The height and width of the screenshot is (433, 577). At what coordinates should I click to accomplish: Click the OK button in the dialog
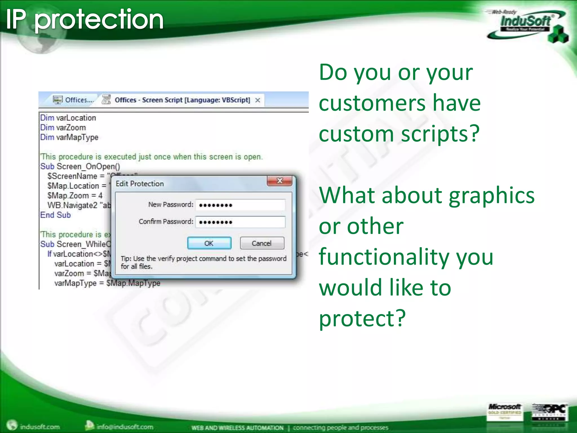click(209, 243)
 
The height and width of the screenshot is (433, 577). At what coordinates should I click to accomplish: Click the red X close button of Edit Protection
click(279, 181)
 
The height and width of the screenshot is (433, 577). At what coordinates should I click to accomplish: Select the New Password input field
click(240, 205)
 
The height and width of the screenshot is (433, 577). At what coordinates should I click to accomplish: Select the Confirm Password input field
click(240, 222)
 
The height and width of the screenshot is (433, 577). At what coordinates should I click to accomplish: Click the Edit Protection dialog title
click(140, 184)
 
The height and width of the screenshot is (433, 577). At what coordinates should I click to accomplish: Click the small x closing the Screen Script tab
click(258, 100)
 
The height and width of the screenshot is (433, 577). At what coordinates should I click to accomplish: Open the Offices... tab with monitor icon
click(74, 100)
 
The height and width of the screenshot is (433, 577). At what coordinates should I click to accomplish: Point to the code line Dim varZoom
click(63, 128)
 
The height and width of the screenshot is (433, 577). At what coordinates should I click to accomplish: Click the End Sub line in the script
click(56, 215)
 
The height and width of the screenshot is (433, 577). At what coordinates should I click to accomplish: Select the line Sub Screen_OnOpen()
click(80, 166)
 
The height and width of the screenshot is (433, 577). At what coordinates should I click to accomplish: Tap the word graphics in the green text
click(491, 195)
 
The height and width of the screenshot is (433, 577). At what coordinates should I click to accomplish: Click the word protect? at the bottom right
click(362, 319)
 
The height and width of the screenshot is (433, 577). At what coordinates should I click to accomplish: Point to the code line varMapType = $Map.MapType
click(107, 283)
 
